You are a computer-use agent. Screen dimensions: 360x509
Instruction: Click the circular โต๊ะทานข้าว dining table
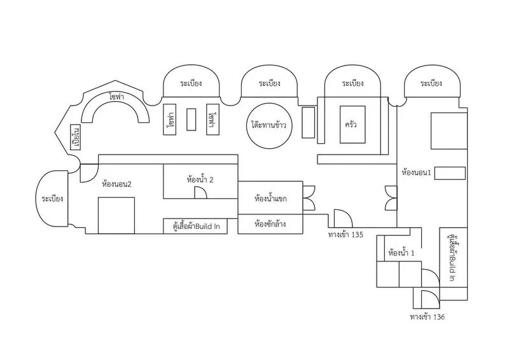tap(268, 125)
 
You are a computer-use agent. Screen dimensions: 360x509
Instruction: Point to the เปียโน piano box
tap(75, 138)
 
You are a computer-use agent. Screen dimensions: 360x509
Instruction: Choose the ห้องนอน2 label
tap(116, 185)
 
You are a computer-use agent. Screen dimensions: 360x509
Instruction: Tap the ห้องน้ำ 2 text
tap(200, 180)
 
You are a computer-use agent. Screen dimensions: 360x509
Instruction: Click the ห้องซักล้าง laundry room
tap(270, 225)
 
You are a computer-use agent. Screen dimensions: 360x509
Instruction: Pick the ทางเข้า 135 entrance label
tap(345, 235)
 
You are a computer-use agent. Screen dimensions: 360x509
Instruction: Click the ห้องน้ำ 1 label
tap(401, 253)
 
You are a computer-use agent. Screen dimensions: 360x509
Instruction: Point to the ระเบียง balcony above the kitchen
tap(352, 83)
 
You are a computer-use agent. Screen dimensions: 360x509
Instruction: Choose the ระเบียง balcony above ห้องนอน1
tap(431, 83)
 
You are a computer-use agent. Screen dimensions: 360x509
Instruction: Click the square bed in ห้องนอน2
tap(116, 215)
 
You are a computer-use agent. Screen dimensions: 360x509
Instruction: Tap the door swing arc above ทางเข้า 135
tap(339, 218)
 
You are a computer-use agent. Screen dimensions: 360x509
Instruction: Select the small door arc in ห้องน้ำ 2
tap(200, 194)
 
